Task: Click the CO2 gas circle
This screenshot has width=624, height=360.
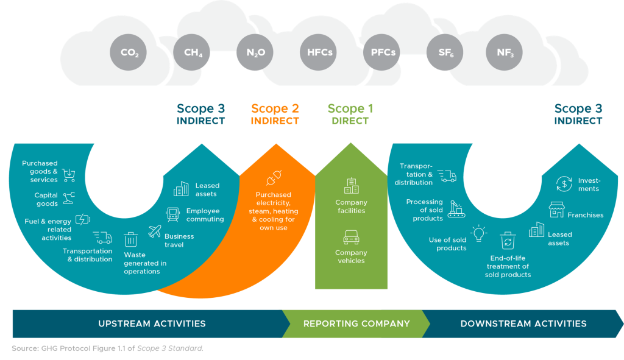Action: click(129, 52)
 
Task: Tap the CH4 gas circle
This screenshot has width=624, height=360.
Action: click(193, 52)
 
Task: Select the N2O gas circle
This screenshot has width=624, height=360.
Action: click(255, 52)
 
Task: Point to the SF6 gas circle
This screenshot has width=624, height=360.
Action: click(445, 52)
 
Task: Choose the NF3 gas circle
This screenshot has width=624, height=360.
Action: click(505, 52)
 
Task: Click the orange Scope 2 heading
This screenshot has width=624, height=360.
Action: click(275, 109)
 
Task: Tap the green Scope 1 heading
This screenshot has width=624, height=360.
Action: click(350, 109)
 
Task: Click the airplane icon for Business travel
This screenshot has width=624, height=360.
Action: click(156, 231)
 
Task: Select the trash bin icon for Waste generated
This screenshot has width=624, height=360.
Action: click(131, 239)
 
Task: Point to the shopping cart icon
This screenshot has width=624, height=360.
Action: click(69, 175)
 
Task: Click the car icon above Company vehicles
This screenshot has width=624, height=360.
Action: click(351, 238)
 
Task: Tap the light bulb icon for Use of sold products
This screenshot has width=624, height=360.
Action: click(480, 233)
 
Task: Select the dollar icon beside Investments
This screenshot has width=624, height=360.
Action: click(564, 183)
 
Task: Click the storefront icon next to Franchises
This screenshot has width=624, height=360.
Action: click(556, 210)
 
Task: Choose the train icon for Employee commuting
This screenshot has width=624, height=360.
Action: click(173, 214)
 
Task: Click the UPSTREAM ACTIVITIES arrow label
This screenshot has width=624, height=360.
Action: click(152, 324)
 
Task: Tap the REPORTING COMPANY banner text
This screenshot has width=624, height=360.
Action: click(356, 324)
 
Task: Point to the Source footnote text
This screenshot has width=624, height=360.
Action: click(107, 348)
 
